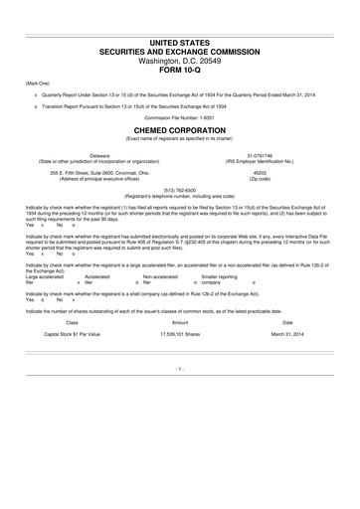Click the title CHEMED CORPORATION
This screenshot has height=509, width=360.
click(x=180, y=130)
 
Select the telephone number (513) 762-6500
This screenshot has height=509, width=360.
click(x=180, y=191)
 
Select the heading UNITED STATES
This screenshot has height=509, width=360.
click(x=180, y=40)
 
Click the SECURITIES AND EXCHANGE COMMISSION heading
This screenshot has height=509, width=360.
click(x=180, y=50)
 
